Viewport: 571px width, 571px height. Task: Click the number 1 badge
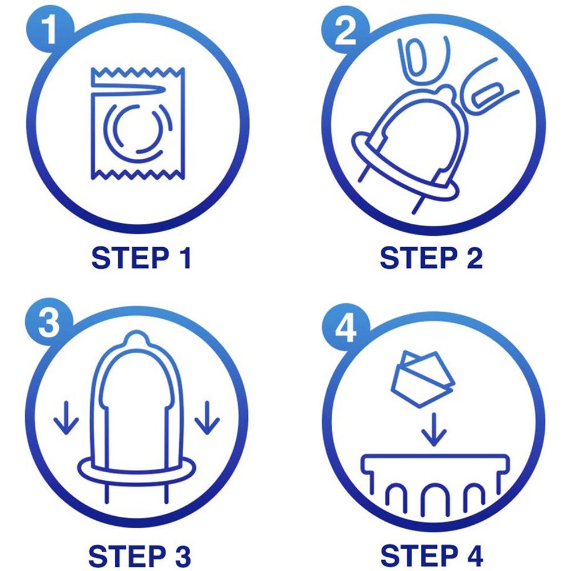(50, 30)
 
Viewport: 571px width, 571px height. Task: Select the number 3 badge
(49, 322)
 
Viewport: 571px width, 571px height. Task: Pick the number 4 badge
(345, 327)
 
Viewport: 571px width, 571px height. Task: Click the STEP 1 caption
(141, 258)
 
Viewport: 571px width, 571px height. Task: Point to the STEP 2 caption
(431, 258)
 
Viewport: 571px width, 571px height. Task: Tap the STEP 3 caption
(140, 556)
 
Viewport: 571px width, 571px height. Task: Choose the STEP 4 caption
(432, 556)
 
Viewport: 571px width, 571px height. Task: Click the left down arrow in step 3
(66, 418)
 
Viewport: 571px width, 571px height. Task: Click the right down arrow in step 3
(207, 418)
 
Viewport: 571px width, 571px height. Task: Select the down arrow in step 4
(434, 429)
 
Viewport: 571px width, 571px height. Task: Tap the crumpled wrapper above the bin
(423, 379)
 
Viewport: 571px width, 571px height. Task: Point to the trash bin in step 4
(435, 484)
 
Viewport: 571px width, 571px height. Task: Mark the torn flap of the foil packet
(128, 87)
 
